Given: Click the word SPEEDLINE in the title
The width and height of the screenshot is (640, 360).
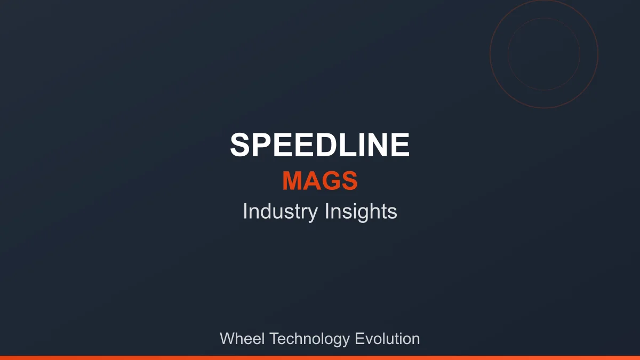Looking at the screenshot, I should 320,145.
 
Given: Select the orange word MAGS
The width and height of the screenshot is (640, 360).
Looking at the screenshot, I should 320,181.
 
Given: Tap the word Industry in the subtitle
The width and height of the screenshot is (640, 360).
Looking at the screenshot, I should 280,212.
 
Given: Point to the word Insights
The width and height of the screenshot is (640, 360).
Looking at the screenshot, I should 361,212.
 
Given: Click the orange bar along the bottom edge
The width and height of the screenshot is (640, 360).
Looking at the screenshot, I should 320,357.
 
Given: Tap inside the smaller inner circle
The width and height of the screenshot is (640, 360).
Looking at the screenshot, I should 544,53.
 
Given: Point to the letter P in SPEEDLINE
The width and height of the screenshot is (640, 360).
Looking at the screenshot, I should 262,145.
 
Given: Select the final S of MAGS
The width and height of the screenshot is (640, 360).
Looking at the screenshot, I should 349,181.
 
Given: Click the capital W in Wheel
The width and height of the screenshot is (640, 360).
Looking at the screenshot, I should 227,339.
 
